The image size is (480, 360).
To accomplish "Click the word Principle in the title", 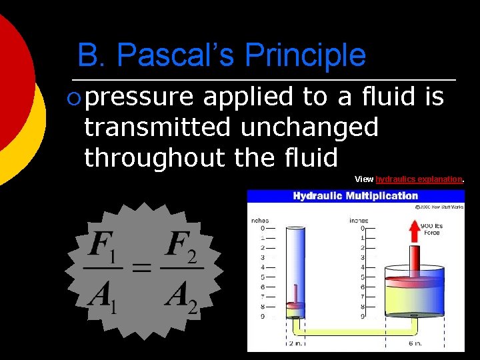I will [306, 55].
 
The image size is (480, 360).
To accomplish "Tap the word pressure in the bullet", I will [139, 97].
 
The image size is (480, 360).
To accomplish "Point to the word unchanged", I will [310, 127].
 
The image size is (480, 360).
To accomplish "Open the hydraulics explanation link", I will [419, 179].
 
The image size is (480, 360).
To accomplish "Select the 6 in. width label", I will [413, 344].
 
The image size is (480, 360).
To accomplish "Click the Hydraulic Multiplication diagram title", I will [355, 196].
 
